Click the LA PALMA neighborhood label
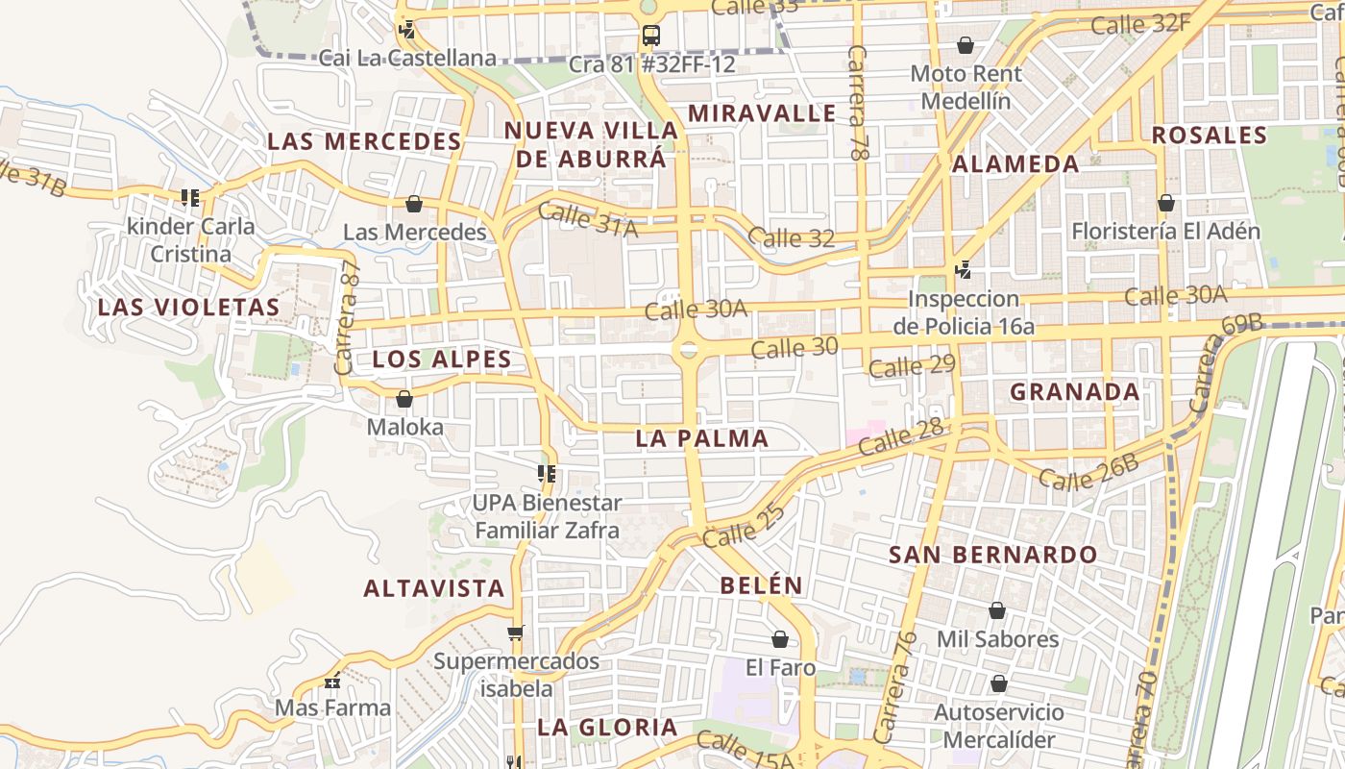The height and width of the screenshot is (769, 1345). [x=702, y=438]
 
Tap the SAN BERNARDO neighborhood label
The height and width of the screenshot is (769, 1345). [x=992, y=555]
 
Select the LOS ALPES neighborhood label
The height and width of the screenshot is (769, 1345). [x=442, y=360]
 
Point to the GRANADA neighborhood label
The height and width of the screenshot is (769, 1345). [x=1075, y=391]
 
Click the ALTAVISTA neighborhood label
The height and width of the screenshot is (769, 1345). [x=434, y=588]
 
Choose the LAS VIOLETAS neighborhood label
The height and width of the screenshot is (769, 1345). [x=189, y=308]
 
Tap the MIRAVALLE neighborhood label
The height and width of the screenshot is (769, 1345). [x=762, y=112]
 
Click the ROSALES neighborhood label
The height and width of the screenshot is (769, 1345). [x=1210, y=135]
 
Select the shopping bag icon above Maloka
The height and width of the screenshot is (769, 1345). [x=404, y=399]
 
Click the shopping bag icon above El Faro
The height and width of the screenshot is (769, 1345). [x=780, y=639]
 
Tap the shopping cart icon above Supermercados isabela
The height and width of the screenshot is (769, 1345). [x=516, y=633]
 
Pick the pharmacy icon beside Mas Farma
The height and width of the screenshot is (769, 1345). [x=332, y=682]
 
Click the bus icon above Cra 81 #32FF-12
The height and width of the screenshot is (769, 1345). [x=650, y=37]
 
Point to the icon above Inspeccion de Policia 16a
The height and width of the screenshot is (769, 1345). [x=963, y=270]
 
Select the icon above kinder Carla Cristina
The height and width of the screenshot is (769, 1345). [x=190, y=199]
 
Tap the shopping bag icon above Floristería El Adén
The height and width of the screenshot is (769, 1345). [x=1165, y=203]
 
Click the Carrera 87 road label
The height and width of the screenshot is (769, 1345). [x=347, y=317]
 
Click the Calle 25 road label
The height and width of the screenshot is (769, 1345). [x=744, y=525]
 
